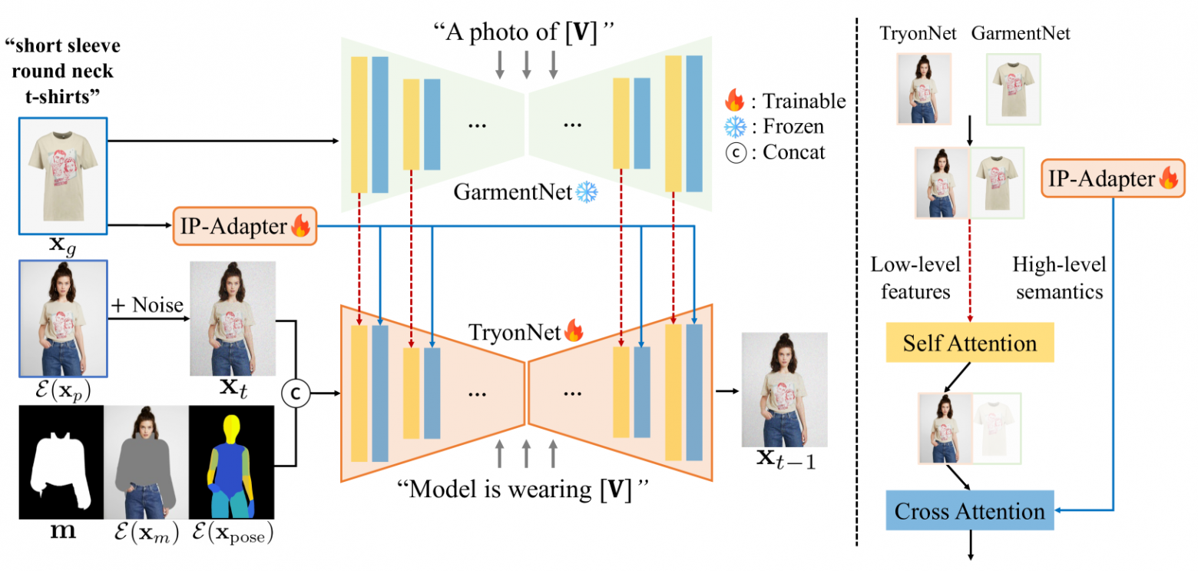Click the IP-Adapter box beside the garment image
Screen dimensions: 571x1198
point(244,226)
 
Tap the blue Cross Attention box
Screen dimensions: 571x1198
point(969,511)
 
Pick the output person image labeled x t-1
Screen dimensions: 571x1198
point(783,390)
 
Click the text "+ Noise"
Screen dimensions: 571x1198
point(147,306)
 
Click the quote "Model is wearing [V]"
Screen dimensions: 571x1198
point(525,490)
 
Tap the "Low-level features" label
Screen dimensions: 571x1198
point(915,277)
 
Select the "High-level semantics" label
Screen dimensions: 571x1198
point(1057,277)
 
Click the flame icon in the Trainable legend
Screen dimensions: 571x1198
point(734,101)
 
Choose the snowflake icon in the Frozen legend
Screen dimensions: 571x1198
point(734,127)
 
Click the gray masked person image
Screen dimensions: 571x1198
point(145,462)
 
